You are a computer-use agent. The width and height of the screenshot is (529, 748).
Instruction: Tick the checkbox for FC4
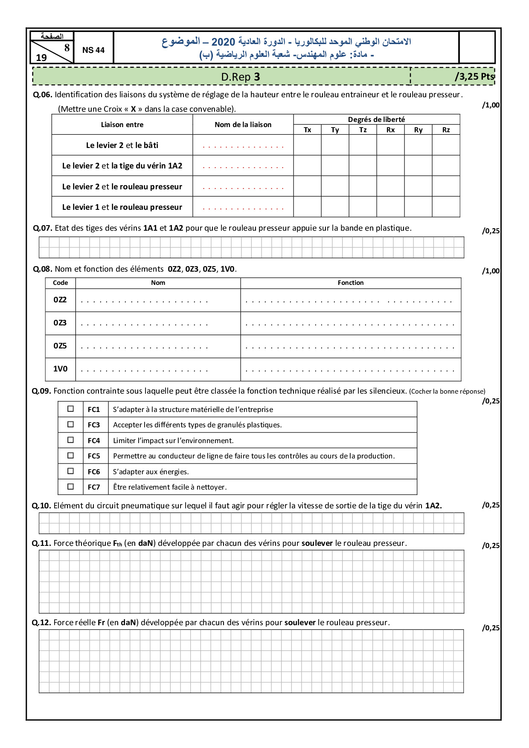[x=71, y=440]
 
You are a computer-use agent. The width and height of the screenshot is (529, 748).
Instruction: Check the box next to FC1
[x=71, y=409]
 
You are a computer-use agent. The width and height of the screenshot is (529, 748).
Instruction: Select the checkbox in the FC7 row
[x=71, y=487]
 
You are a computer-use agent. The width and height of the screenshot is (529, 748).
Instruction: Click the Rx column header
[x=390, y=130]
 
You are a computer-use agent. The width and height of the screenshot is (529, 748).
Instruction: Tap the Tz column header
[x=363, y=130]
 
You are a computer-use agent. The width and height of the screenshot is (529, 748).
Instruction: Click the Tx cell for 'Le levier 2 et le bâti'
[x=307, y=145]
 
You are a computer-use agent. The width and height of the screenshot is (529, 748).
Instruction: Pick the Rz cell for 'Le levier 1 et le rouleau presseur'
[x=446, y=207]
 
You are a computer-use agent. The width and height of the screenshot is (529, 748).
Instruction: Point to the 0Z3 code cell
[x=60, y=323]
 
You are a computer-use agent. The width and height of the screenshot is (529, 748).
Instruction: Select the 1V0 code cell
[x=60, y=369]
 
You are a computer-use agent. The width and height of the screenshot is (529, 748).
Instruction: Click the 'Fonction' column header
[x=351, y=283]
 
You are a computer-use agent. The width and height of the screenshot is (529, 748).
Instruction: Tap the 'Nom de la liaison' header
[x=243, y=125]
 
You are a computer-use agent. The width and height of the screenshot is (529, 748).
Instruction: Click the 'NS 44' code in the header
[x=93, y=50]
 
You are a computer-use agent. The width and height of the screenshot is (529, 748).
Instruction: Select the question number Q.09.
[x=41, y=391]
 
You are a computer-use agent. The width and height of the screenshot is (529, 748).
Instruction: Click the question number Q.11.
[x=41, y=543]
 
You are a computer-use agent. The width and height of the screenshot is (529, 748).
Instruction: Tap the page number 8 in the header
[x=67, y=48]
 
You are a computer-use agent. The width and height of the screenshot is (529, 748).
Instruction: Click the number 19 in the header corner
[x=41, y=58]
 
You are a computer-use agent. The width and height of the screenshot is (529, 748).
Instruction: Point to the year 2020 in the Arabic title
[x=223, y=42]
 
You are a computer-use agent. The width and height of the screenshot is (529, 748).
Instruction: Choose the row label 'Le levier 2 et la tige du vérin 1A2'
[x=122, y=166]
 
